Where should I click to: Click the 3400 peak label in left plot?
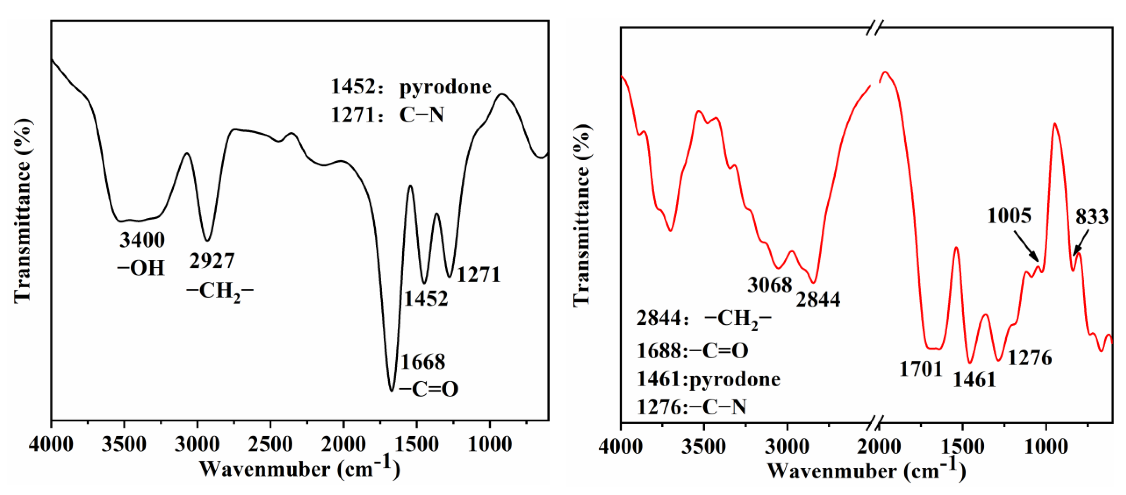pos(142,240)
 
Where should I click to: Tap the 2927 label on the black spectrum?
pos(212,261)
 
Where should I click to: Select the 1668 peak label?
pos(423,362)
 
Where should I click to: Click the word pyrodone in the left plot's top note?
pos(445,87)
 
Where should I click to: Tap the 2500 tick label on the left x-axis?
pos(270,445)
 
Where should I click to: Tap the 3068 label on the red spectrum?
pos(770,285)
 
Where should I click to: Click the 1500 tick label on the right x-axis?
pos(962,446)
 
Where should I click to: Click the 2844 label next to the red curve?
pos(818,299)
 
